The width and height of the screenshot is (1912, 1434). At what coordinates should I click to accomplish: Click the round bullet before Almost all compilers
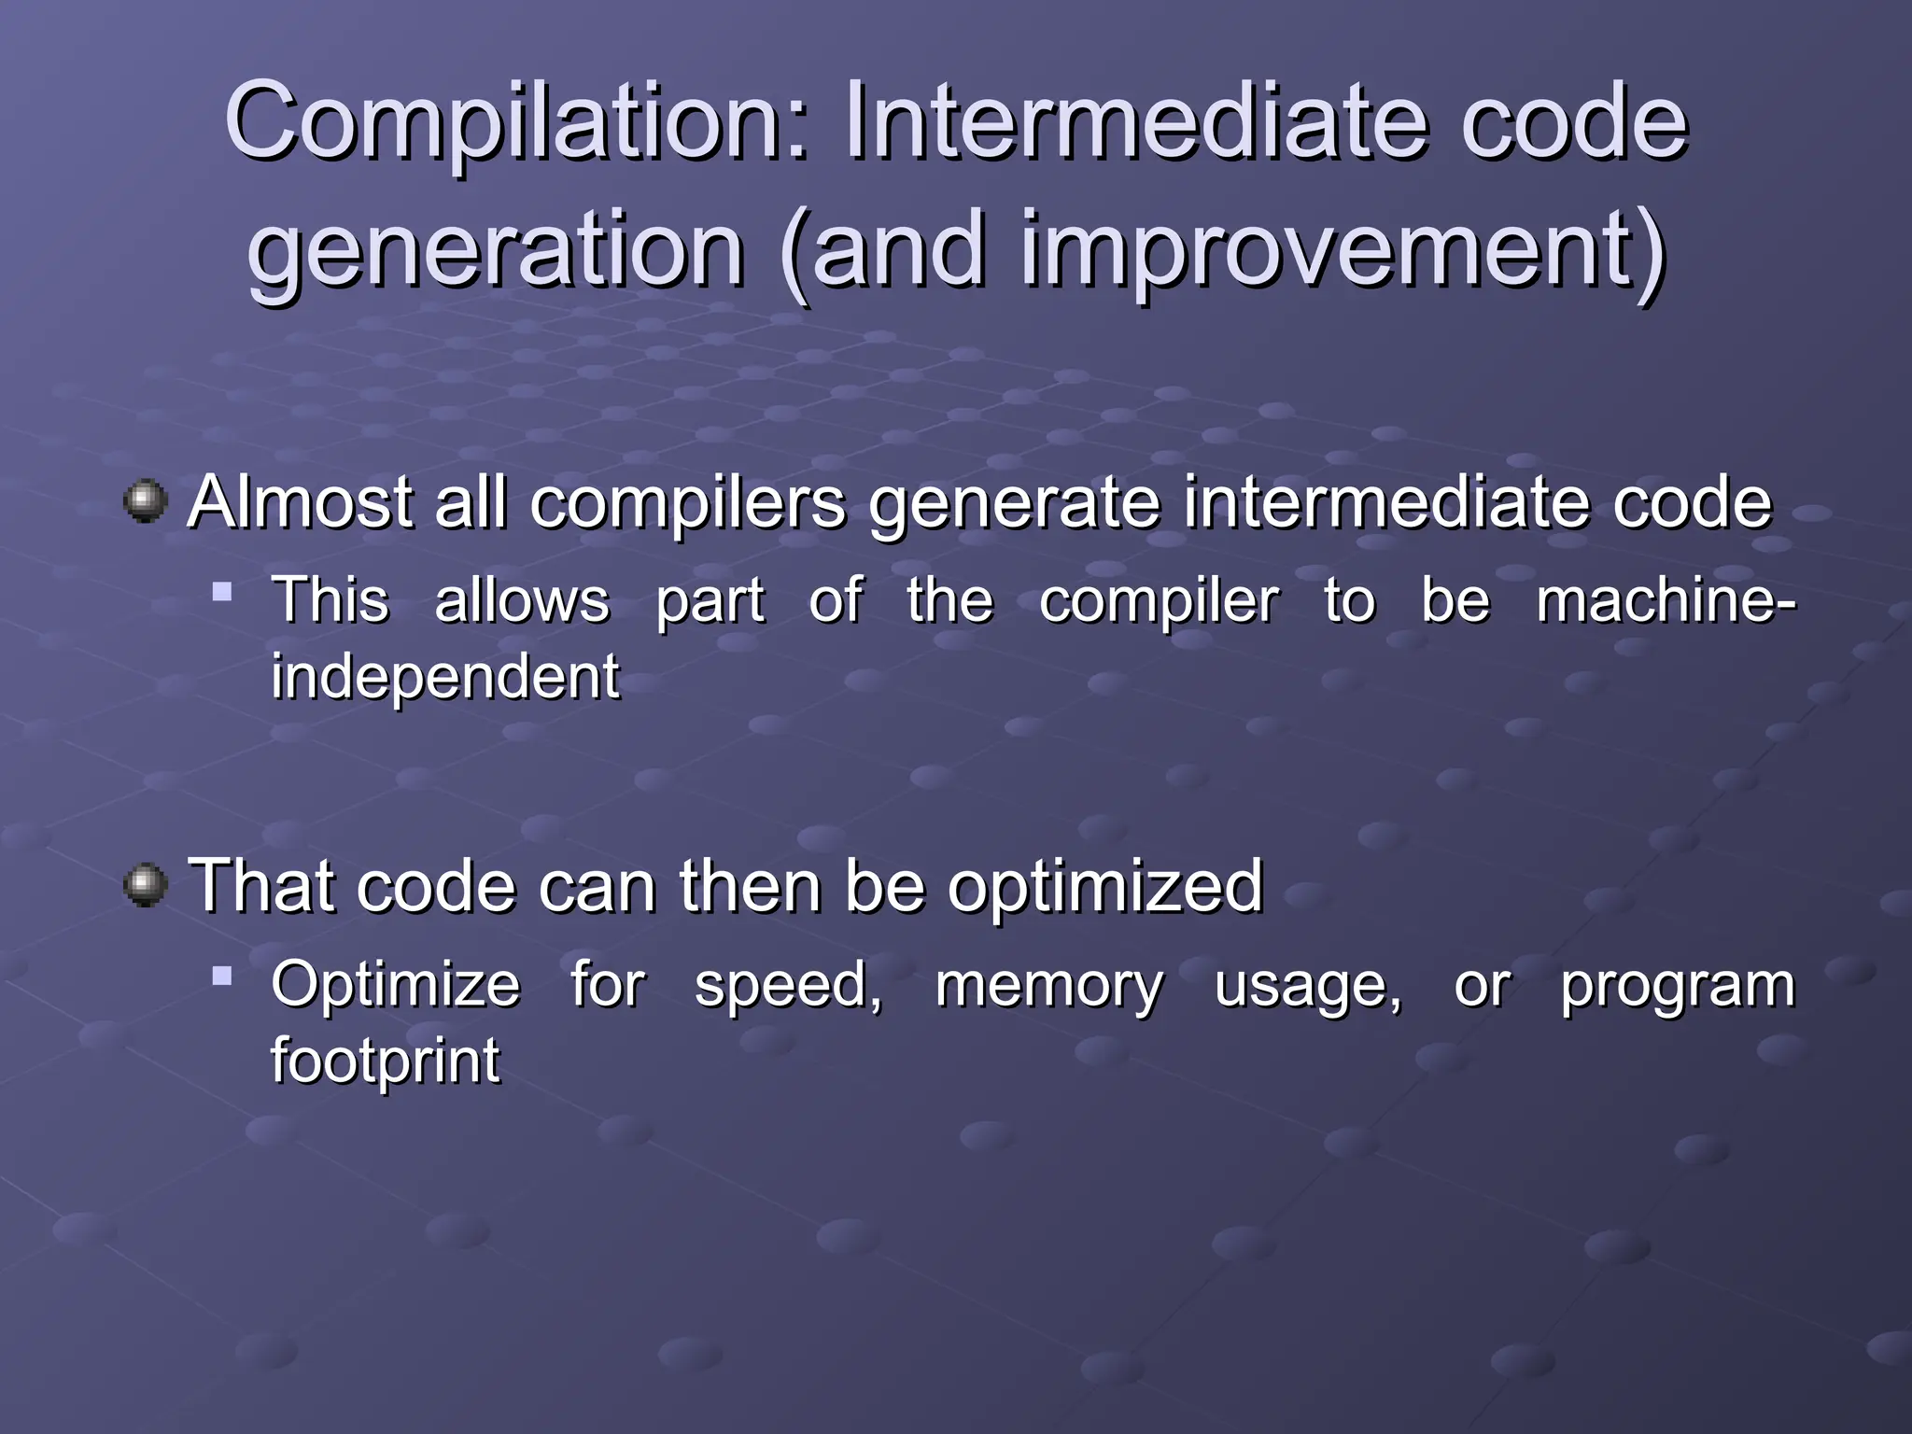point(146,501)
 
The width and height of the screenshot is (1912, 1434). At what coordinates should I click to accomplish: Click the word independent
point(444,676)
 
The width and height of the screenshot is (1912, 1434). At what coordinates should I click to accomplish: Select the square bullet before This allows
point(222,591)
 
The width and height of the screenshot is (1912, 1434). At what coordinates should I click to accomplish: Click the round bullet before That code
point(146,884)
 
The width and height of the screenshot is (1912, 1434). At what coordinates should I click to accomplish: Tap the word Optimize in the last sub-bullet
point(395,986)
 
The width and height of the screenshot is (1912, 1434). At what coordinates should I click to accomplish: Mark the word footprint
point(385,1061)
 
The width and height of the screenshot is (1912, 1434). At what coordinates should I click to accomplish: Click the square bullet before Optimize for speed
point(222,977)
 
